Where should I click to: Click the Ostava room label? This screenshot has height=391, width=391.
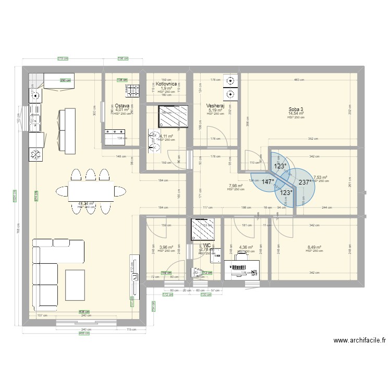[x=123, y=105]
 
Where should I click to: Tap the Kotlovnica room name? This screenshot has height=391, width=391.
[x=166, y=83]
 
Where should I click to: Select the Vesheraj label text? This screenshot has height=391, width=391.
[x=215, y=105]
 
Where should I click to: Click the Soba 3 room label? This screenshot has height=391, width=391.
[x=296, y=109]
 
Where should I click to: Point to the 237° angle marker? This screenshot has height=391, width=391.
[x=305, y=182]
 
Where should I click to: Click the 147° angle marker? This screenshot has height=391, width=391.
[x=268, y=182]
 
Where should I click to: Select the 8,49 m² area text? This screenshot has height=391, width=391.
[x=314, y=248]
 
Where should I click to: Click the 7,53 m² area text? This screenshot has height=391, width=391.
[x=320, y=177]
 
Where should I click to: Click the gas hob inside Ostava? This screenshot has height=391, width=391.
[x=132, y=91]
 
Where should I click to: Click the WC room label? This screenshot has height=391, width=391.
[x=206, y=245]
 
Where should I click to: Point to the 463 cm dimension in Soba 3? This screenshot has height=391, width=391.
[x=298, y=80]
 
